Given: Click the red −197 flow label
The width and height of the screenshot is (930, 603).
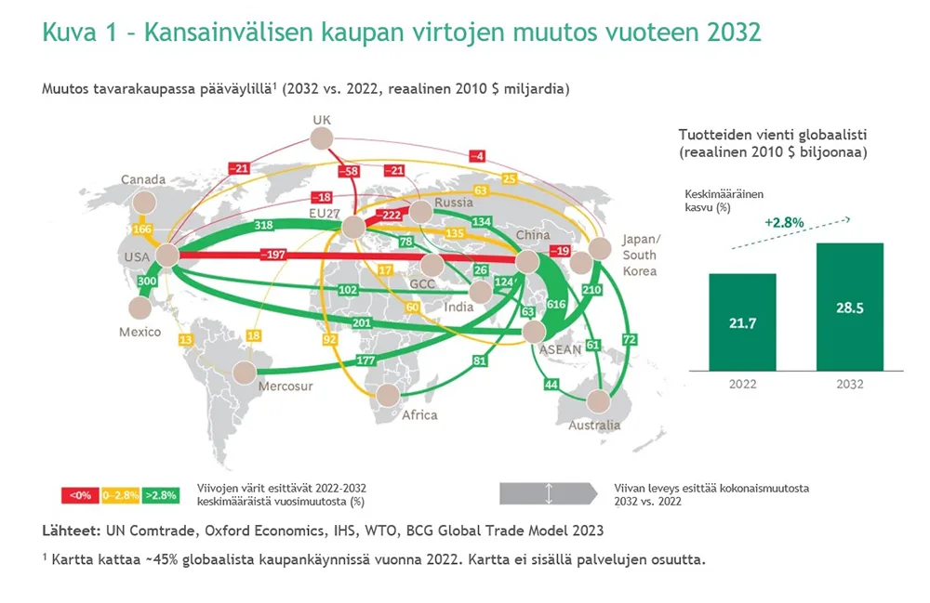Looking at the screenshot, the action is [x=272, y=255].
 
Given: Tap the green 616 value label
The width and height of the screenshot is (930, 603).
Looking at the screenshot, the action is [x=556, y=305].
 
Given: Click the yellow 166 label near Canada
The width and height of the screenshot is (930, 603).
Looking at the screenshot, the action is [x=142, y=229].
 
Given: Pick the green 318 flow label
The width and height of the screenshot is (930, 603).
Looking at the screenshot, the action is [x=263, y=225].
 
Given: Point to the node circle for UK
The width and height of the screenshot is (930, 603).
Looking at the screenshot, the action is [x=322, y=139].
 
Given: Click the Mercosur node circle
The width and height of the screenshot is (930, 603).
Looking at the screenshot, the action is [x=245, y=374].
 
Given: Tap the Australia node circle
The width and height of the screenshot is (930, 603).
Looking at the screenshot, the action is [x=598, y=401].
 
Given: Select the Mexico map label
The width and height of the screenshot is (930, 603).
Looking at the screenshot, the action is [x=140, y=332].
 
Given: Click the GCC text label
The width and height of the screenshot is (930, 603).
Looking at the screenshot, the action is [x=422, y=284].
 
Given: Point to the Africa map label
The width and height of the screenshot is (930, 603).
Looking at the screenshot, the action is [x=419, y=415].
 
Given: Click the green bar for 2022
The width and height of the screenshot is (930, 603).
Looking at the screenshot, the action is [x=742, y=322].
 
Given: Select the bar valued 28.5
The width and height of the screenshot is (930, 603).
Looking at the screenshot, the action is [x=850, y=307].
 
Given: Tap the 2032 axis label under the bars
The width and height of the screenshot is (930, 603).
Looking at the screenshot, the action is [x=850, y=384].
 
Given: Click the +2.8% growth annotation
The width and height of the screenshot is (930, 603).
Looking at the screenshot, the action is [x=784, y=223].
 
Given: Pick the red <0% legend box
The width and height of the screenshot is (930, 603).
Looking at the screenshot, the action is [x=80, y=495].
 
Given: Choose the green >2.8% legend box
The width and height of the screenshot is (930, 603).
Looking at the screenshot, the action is [x=161, y=495].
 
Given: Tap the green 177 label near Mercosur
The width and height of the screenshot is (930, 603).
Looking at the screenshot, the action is [x=365, y=360].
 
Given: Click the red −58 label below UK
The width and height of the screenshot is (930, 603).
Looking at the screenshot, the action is [x=349, y=172].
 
